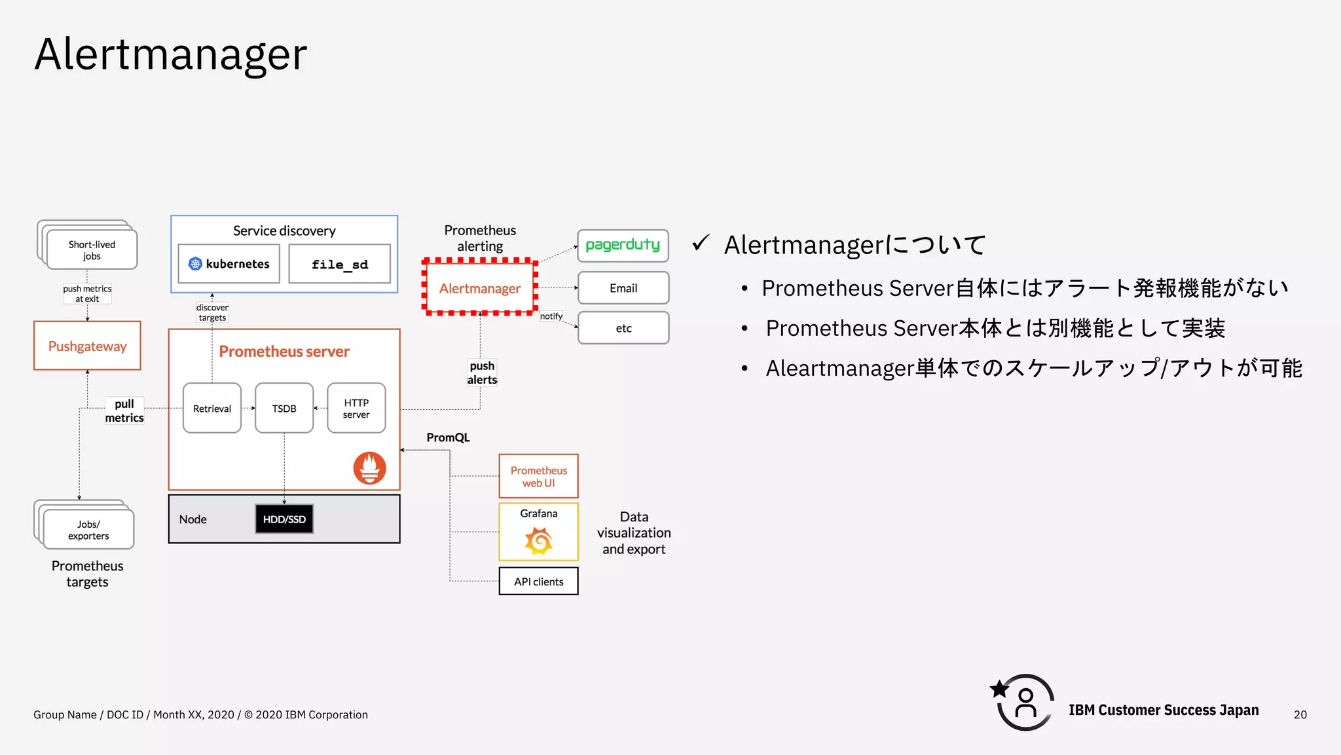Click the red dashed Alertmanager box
point(480,288)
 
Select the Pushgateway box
point(87,346)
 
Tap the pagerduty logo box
point(623,246)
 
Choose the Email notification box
point(623,288)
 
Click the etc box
point(623,328)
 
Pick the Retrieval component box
point(212,408)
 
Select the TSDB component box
point(284,408)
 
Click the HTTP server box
point(356,408)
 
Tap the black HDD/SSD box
point(284,519)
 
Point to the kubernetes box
point(229,264)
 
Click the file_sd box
point(339,264)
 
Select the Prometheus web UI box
point(538,476)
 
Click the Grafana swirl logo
point(538,541)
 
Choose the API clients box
point(538,581)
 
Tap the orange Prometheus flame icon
point(369,468)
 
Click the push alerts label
point(482,373)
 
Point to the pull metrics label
point(124,411)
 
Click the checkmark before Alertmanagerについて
point(701,244)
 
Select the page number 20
point(1300,714)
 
